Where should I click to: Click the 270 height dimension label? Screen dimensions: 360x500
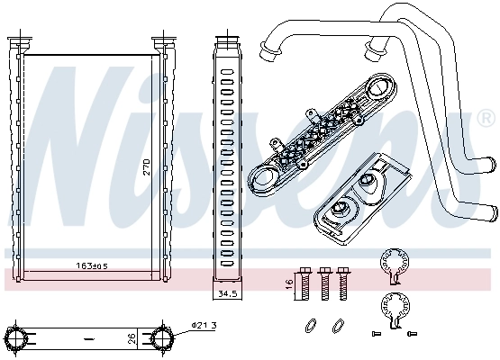(x=146, y=167)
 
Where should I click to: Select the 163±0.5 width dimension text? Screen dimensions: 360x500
(x=91, y=265)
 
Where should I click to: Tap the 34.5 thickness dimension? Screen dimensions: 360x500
(x=225, y=293)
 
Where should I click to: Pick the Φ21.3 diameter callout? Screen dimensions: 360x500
(x=203, y=326)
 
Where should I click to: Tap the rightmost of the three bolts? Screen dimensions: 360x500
(x=342, y=282)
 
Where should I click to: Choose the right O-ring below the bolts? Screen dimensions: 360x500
(x=339, y=324)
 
